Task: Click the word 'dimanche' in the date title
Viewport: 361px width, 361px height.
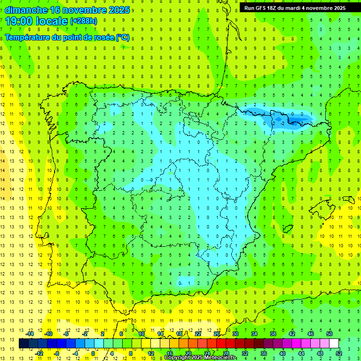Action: coord(26,10)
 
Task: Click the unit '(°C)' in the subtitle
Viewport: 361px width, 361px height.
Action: coord(122,37)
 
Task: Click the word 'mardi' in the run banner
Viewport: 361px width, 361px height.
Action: coord(299,8)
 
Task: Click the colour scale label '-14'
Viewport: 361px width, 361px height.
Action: coord(30,334)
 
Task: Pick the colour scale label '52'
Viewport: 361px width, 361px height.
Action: coord(338,353)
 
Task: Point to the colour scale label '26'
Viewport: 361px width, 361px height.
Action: coord(216,334)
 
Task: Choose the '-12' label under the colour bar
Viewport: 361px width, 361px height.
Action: coord(39,353)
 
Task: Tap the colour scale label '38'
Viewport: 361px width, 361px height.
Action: coord(273,334)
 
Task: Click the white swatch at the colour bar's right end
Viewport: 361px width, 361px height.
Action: coord(334,343)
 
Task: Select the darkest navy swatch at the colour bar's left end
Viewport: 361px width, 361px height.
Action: coord(24,343)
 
